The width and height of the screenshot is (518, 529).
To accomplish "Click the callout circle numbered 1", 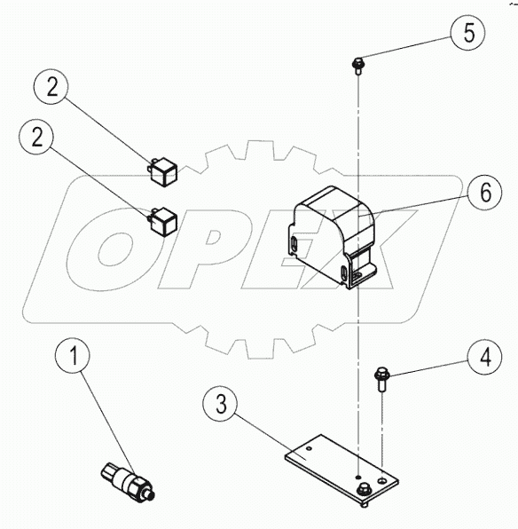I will coord(75,358).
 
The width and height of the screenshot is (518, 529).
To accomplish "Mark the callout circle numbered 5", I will coord(467,34).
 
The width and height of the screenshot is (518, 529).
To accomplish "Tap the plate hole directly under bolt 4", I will coord(381,479).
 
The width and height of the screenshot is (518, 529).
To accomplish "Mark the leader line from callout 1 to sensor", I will coord(105,417).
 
